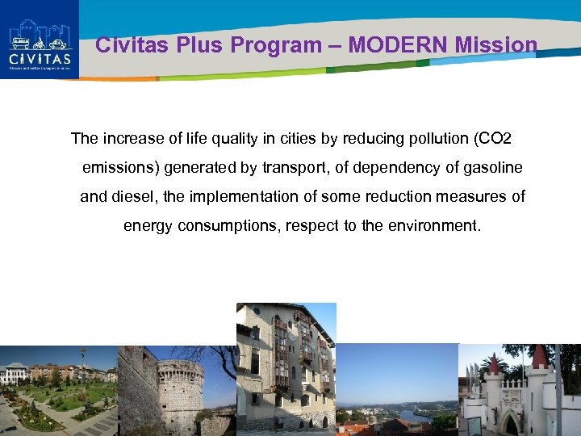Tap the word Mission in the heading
(x=495, y=45)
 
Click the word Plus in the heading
(x=199, y=45)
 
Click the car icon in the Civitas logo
(x=57, y=43)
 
